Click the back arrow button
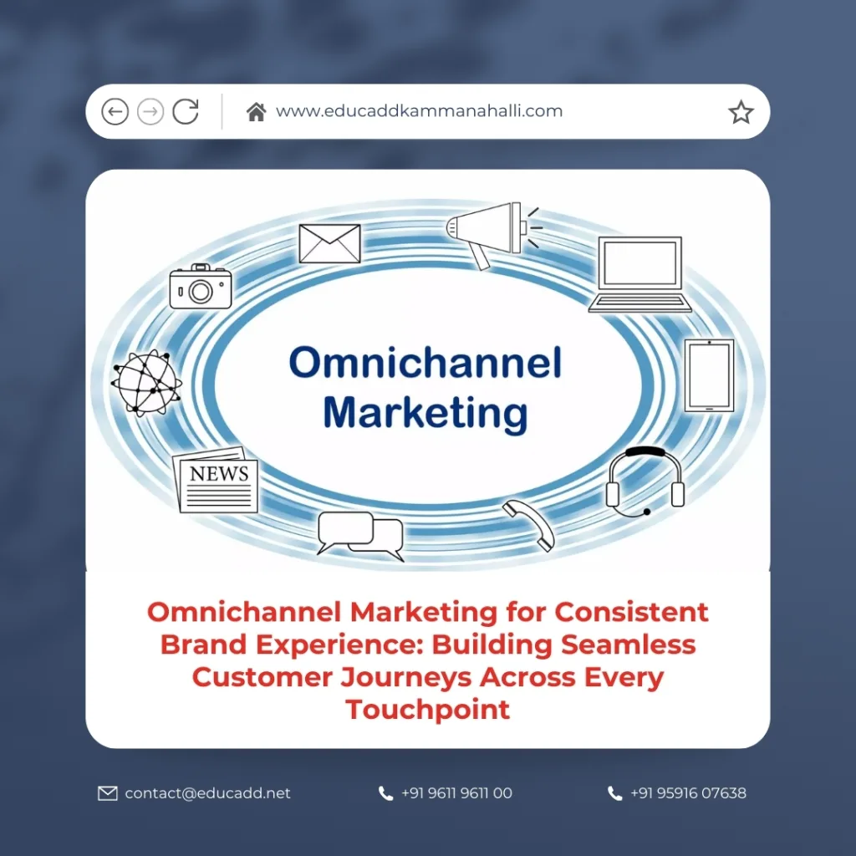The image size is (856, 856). point(115,111)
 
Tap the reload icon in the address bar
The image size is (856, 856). point(186,111)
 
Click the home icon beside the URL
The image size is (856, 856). point(256,111)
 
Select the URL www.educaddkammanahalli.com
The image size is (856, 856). point(419,111)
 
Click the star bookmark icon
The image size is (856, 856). point(741,112)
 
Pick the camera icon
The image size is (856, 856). point(201,287)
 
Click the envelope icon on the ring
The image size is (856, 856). point(329,243)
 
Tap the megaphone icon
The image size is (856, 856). point(489,230)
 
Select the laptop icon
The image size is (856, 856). point(639,275)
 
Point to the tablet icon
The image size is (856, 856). point(709,374)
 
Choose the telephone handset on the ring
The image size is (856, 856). point(528,525)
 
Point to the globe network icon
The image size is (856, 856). point(145,382)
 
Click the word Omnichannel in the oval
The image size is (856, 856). point(425,364)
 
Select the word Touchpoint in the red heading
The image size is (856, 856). point(428,710)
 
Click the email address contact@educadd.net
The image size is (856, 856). point(207,793)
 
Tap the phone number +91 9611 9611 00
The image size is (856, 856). point(456,793)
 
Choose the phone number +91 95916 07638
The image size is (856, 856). point(688,793)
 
